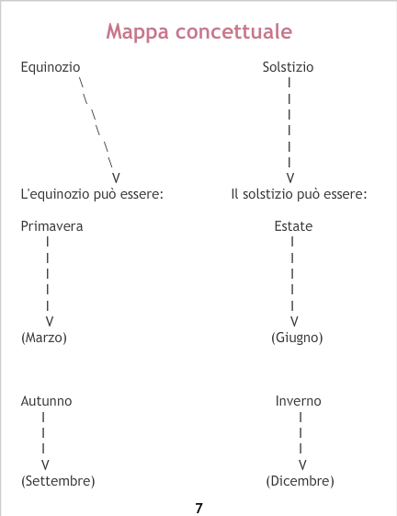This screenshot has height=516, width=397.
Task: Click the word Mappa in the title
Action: point(138,32)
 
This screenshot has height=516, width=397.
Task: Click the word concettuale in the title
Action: point(233,31)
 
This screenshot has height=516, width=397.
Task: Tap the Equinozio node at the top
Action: point(51,67)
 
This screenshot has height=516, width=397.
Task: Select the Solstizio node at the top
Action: point(288,67)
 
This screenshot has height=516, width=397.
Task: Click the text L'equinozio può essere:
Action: point(92,194)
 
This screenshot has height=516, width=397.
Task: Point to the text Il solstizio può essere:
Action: point(299,194)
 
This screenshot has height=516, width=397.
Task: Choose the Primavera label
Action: point(51,226)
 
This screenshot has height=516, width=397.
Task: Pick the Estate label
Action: point(293,226)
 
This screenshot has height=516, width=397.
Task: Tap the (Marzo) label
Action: point(44,338)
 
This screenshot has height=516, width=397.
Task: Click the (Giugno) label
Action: point(297,338)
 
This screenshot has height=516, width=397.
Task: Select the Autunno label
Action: point(46,401)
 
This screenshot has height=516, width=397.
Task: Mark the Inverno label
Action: point(299,401)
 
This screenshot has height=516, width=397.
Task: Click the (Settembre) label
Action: point(58,481)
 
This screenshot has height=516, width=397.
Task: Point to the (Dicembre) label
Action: point(300,481)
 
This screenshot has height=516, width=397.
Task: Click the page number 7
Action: point(198,508)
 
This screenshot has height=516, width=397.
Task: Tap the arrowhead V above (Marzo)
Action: point(50,321)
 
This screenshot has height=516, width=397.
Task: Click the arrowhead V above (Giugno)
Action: point(294,321)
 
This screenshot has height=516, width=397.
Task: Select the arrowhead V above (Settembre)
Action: point(45,465)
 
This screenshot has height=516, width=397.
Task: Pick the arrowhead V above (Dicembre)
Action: point(302,465)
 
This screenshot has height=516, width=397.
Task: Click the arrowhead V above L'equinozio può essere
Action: point(116,178)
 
